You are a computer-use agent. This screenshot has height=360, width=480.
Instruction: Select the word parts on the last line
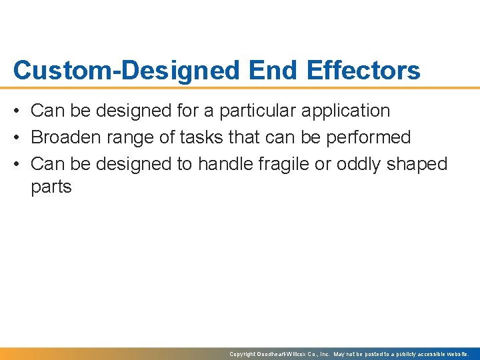51,187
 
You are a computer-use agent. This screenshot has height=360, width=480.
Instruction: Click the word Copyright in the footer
243,354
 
